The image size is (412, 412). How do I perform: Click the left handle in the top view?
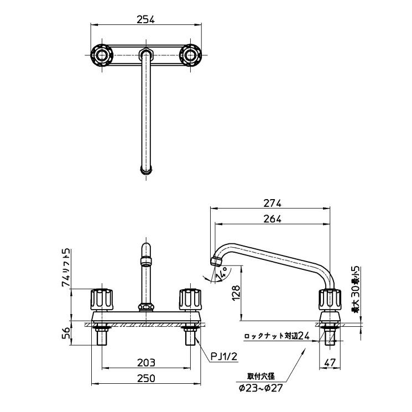tap(102, 55)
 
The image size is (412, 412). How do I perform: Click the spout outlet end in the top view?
tap(146, 171)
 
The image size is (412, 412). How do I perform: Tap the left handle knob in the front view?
tap(102, 300)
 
